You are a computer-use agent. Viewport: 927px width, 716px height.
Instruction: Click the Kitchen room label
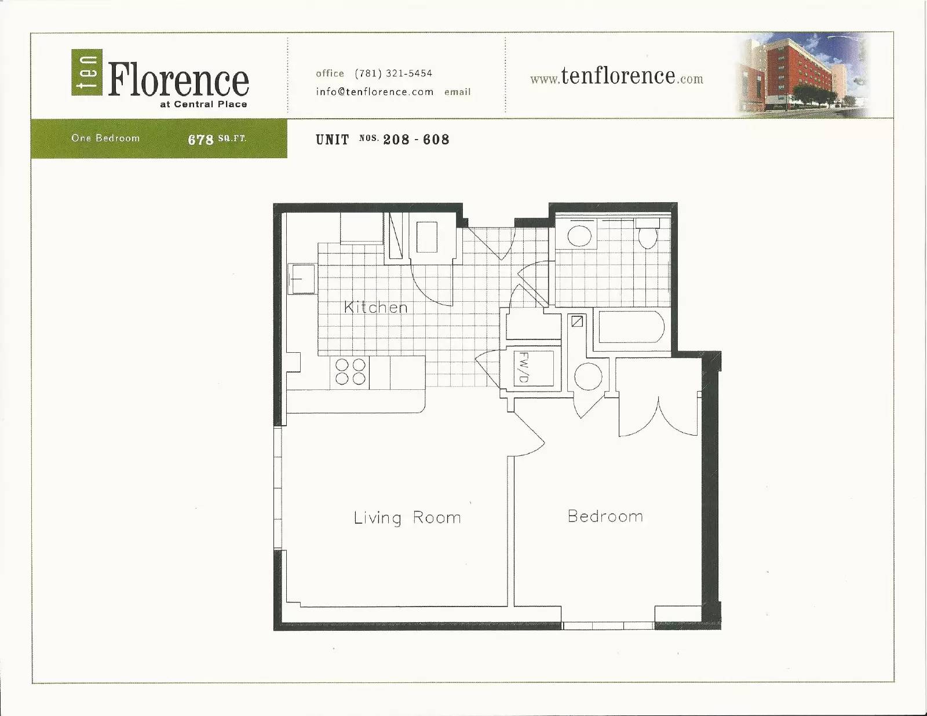click(375, 307)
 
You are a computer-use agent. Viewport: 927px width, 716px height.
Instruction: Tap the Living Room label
click(407, 518)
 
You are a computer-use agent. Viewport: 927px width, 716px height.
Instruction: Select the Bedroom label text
click(605, 516)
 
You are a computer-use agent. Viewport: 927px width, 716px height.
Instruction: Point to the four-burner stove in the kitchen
click(350, 372)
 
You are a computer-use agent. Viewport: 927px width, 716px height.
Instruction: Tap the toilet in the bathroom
click(648, 233)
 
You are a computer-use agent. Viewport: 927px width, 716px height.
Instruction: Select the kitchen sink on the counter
click(302, 279)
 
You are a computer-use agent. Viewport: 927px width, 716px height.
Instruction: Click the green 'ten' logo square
click(86, 72)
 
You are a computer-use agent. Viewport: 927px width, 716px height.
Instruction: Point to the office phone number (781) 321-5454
click(393, 74)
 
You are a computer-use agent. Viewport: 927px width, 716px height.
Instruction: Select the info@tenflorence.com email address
click(374, 92)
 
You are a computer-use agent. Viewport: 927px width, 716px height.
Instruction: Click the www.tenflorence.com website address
click(616, 77)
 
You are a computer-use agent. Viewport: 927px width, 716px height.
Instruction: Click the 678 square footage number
click(200, 140)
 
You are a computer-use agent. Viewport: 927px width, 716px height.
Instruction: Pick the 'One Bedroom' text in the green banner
click(105, 138)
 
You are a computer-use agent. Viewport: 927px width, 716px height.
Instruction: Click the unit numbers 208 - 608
click(417, 140)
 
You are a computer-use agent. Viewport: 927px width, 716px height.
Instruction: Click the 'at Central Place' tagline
click(203, 104)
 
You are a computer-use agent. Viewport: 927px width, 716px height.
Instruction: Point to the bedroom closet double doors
click(659, 418)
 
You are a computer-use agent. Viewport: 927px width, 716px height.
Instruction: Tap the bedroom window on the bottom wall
click(608, 626)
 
